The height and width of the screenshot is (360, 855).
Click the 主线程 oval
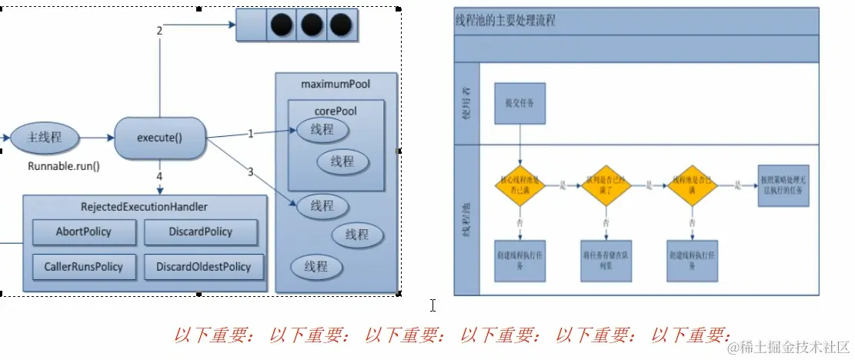44,138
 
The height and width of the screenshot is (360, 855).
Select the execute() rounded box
159,138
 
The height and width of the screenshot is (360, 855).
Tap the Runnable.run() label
64,165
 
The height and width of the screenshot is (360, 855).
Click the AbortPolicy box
84,232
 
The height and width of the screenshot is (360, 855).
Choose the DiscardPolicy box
199,232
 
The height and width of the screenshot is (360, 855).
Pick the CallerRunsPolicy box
84,267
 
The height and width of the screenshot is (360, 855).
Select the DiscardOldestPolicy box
203,267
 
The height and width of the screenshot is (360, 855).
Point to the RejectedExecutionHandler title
144,207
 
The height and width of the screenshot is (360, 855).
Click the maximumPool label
336,82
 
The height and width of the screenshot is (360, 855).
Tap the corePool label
336,111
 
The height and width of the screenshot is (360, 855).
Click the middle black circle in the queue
312,25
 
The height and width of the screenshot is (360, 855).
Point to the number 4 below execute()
159,176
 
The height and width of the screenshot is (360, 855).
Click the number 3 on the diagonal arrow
250,171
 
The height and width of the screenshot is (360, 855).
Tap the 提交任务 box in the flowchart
520,104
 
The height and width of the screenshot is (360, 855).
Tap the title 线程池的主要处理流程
506,22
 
